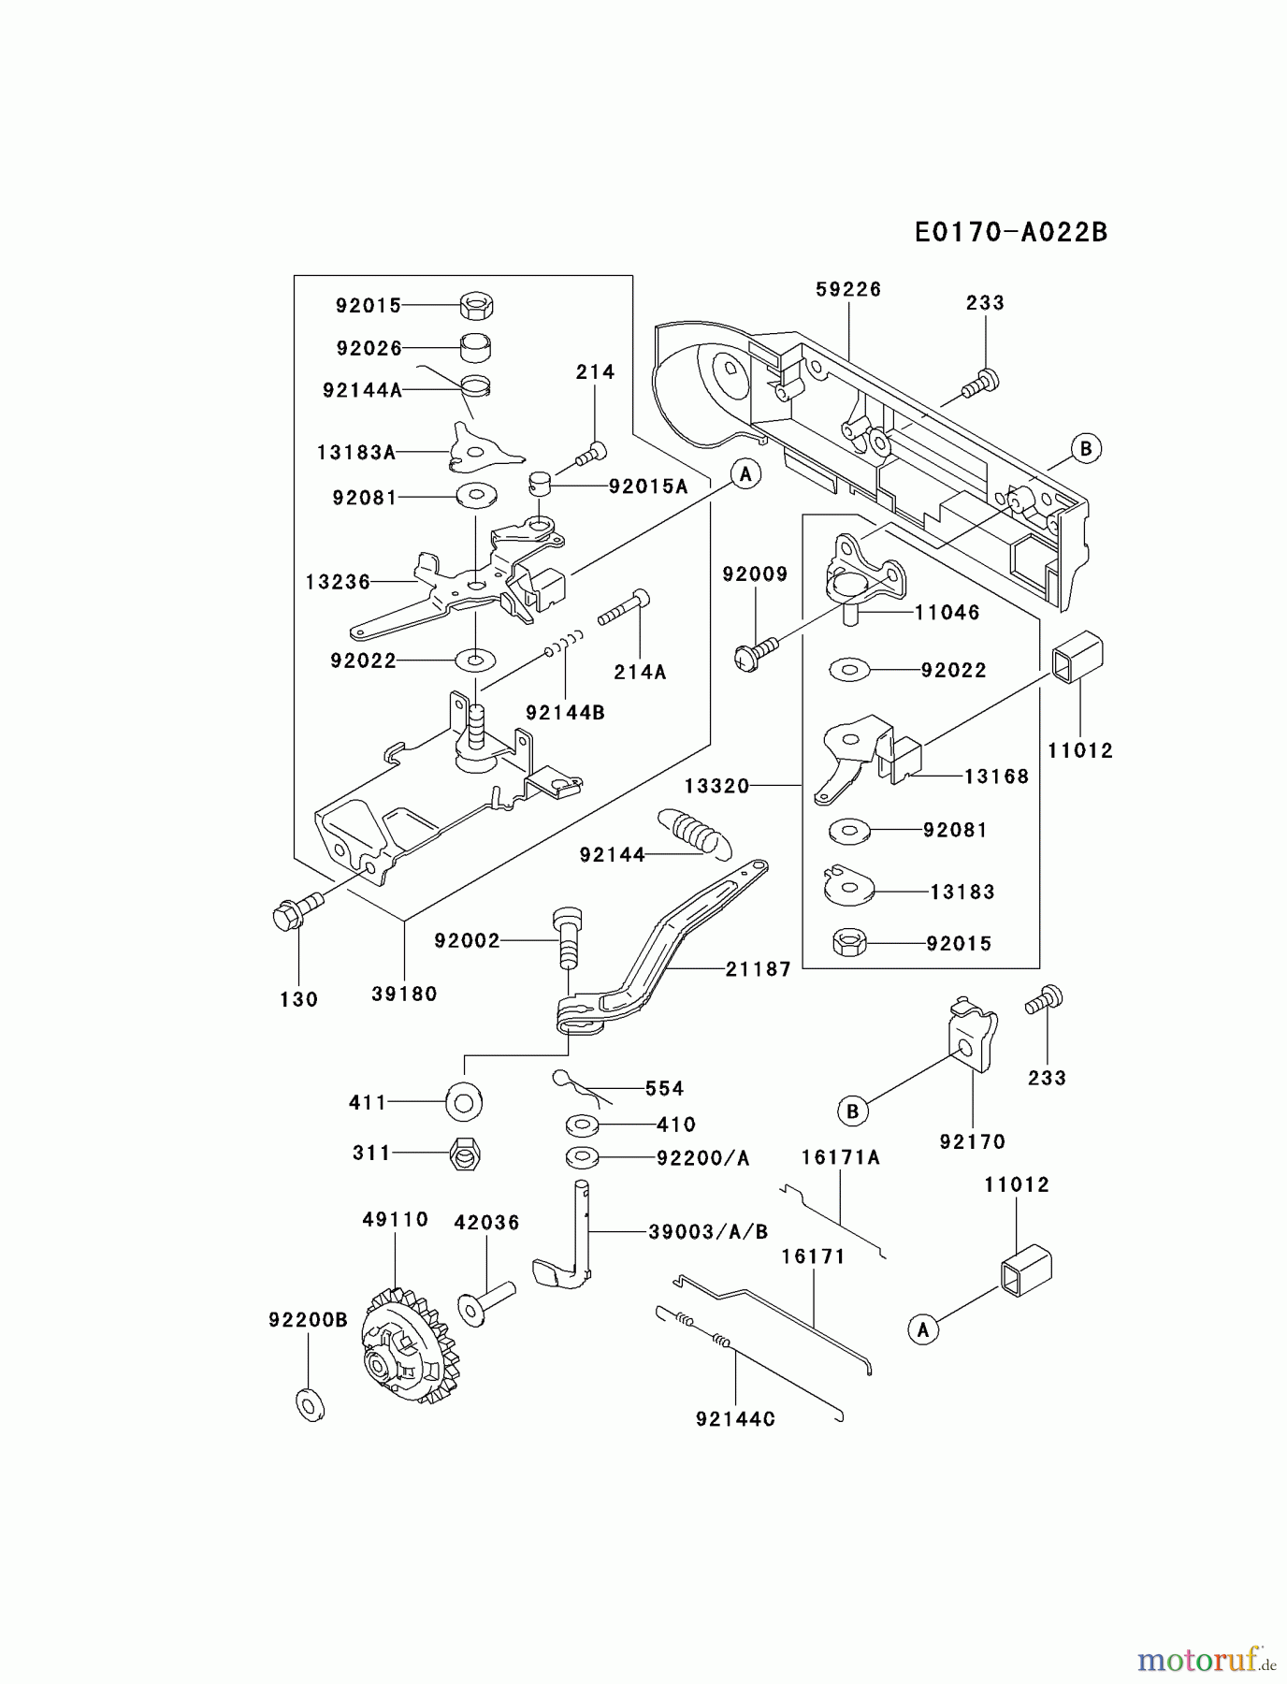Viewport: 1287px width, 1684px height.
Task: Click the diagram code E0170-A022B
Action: click(1010, 232)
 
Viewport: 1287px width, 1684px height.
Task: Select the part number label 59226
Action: click(847, 290)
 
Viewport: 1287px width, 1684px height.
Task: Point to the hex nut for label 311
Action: click(465, 1154)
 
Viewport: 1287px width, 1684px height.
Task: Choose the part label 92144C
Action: click(735, 1419)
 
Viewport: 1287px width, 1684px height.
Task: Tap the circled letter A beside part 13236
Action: click(745, 474)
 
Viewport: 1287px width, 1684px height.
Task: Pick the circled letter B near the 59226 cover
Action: click(1085, 448)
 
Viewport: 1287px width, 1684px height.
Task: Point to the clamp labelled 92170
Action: click(973, 1038)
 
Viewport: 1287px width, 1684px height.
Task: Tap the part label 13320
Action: click(716, 786)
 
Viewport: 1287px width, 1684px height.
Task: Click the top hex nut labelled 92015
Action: click(478, 305)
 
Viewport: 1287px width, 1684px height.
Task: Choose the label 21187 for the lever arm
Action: click(758, 969)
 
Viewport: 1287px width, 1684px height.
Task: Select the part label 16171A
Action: click(840, 1158)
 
